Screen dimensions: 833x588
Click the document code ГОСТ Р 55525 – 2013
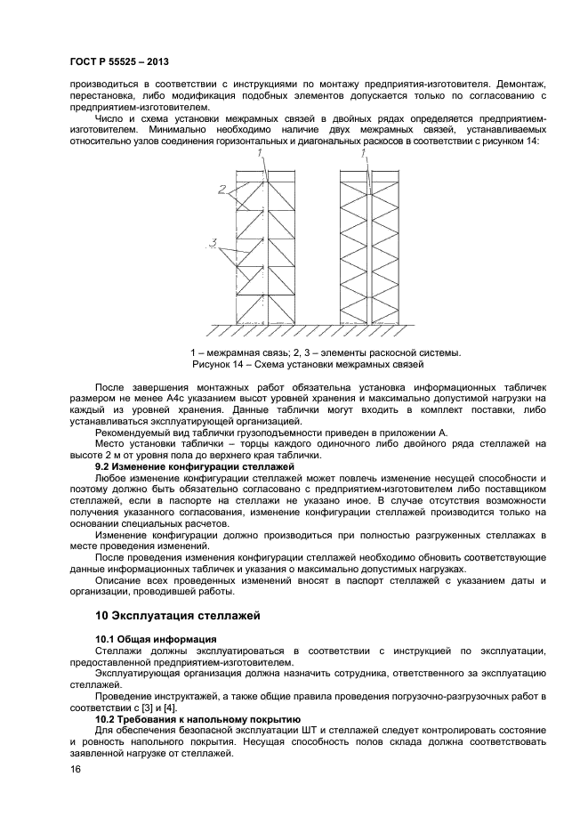pyautogui.click(x=118, y=61)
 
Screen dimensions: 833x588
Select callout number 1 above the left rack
pyautogui.click(x=262, y=154)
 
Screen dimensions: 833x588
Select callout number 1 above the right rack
pyautogui.click(x=364, y=154)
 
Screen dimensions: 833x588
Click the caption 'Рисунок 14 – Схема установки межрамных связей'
pyautogui.click(x=308, y=365)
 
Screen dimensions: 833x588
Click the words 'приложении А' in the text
pyautogui.click(x=415, y=432)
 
